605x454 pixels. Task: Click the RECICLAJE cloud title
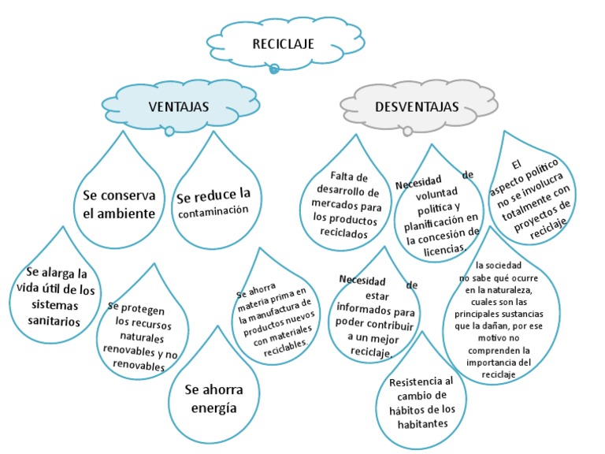pyautogui.click(x=272, y=44)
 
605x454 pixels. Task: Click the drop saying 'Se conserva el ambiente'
pyautogui.click(x=119, y=203)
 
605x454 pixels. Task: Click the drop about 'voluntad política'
pyautogui.click(x=437, y=211)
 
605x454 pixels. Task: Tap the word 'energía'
pyautogui.click(x=214, y=408)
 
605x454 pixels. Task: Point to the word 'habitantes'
pyautogui.click(x=422, y=423)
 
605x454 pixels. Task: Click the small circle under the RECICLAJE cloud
pyautogui.click(x=274, y=69)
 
